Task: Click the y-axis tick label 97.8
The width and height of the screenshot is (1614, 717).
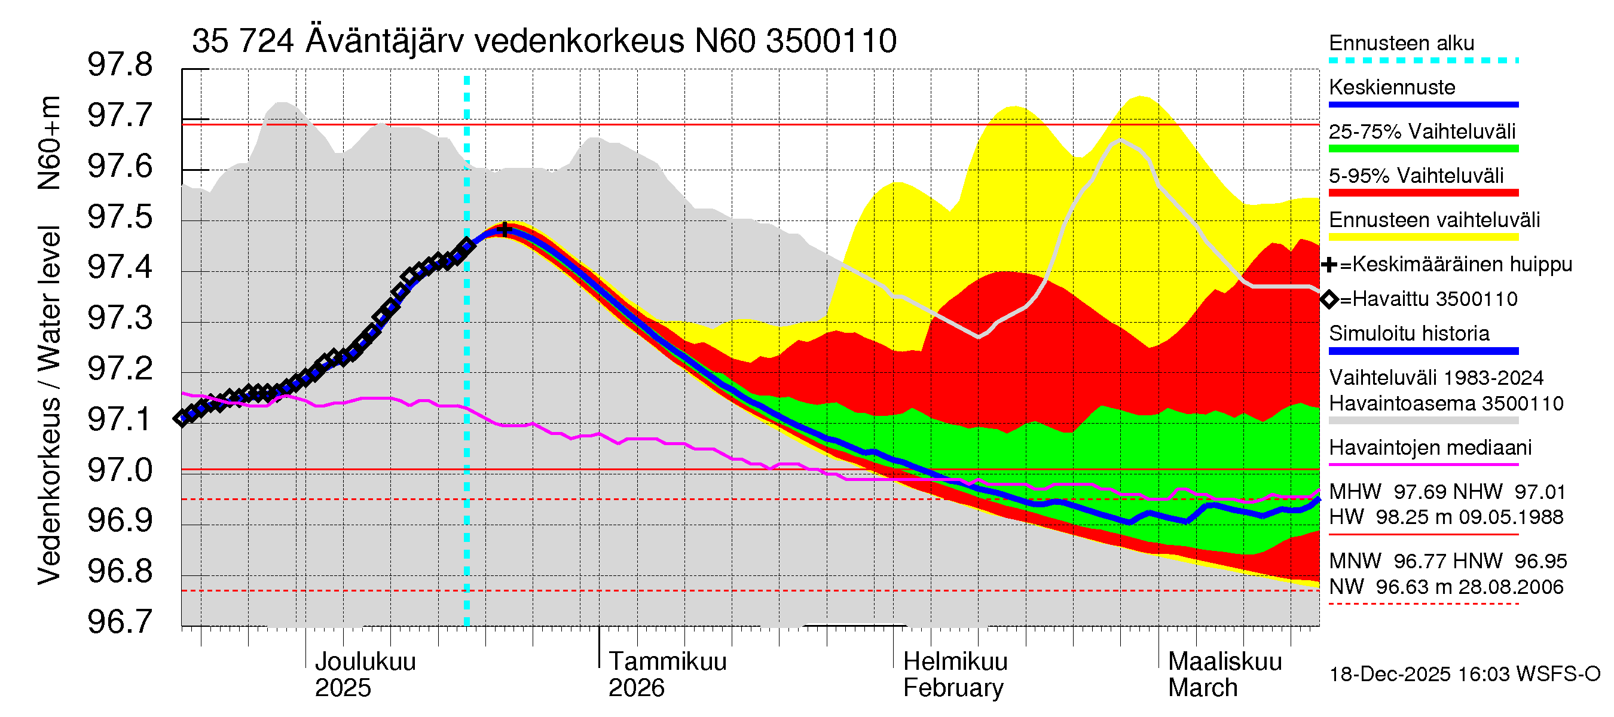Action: (120, 65)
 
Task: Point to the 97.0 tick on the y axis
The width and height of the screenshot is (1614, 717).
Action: (120, 470)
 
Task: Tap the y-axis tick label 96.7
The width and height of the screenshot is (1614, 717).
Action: (120, 622)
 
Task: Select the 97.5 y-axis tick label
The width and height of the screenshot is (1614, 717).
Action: (120, 217)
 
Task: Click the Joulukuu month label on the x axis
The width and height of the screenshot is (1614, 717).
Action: (365, 662)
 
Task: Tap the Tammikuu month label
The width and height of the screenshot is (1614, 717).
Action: (667, 662)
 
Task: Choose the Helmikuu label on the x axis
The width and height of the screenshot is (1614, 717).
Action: (955, 662)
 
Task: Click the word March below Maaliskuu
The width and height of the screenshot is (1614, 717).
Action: (1202, 688)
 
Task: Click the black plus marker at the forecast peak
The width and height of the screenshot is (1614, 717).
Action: (505, 229)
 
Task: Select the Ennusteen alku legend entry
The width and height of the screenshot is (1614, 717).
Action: (1401, 43)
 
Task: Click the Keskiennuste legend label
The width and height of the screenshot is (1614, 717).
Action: (1392, 88)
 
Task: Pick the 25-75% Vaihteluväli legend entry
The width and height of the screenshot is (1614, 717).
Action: (1422, 131)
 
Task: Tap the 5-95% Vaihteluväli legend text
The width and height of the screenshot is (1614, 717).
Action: (1416, 176)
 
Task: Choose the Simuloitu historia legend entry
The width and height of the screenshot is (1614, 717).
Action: (1408, 334)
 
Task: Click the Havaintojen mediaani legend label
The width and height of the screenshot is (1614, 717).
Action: (1430, 448)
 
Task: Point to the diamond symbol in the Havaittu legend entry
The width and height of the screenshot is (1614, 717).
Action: (1329, 300)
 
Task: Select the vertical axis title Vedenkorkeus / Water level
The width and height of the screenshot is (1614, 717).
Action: (49, 406)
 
